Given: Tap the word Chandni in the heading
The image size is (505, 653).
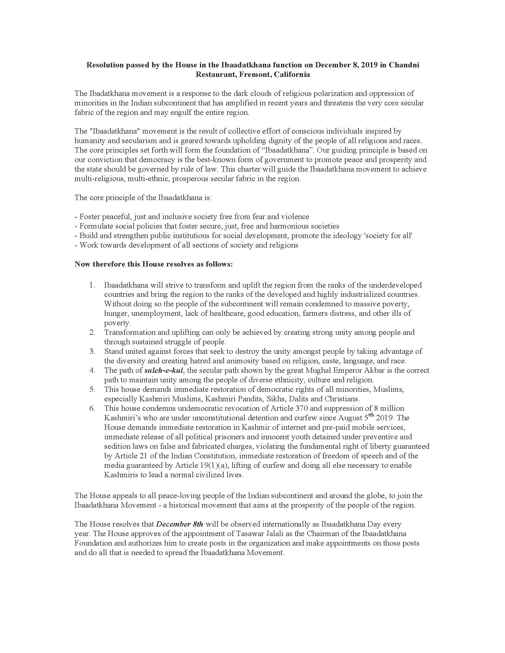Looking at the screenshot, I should tap(404, 65).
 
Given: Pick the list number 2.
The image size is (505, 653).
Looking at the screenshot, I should tap(92, 332).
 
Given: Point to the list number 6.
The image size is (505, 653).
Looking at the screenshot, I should tap(92, 408).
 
